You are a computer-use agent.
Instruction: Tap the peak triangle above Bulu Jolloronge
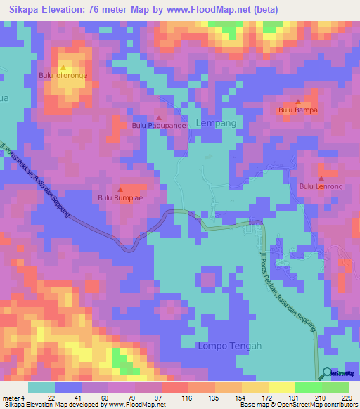point(63,67)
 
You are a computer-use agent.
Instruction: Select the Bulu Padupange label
point(159,126)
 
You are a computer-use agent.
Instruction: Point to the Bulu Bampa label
point(298,110)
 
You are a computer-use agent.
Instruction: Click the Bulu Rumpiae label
point(120,197)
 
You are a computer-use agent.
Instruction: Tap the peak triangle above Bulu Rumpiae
point(120,190)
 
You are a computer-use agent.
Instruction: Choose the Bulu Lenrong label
point(321,186)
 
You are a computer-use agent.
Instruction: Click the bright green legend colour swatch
point(308,387)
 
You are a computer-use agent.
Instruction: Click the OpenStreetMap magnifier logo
point(326,373)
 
